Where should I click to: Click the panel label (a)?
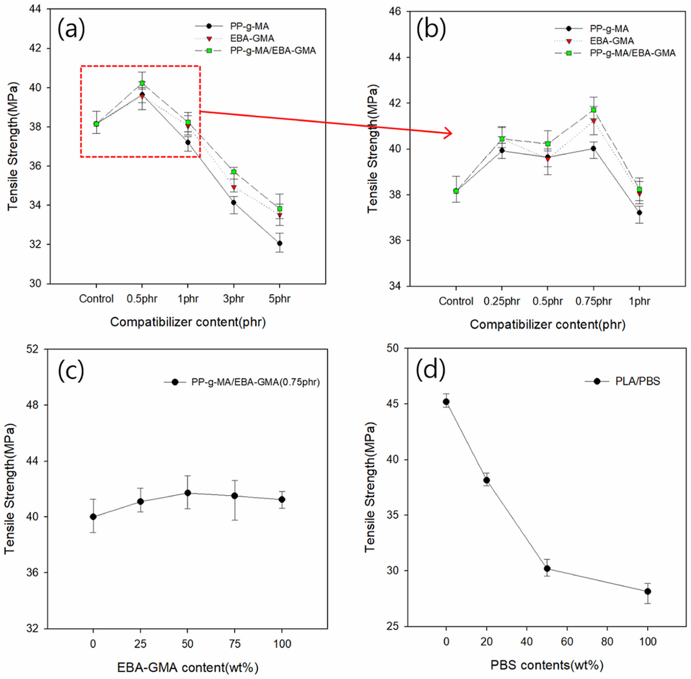coord(72,29)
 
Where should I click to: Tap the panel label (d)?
coord(431,370)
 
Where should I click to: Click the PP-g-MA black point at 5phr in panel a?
coord(280,243)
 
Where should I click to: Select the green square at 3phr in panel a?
coord(234,172)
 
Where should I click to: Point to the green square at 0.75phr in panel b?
coord(593,110)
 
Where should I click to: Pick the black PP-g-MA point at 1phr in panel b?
coord(639,212)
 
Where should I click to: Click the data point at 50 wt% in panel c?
coord(188,493)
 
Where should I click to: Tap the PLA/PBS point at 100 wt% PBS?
coord(647,591)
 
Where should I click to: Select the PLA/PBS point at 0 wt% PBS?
coord(446,402)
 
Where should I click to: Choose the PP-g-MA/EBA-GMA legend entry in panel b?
coord(632,53)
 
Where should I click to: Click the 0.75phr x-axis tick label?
coord(593,301)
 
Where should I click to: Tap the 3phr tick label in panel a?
coord(234,299)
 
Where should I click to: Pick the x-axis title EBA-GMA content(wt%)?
coord(188,667)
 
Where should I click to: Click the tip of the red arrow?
coord(452,134)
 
